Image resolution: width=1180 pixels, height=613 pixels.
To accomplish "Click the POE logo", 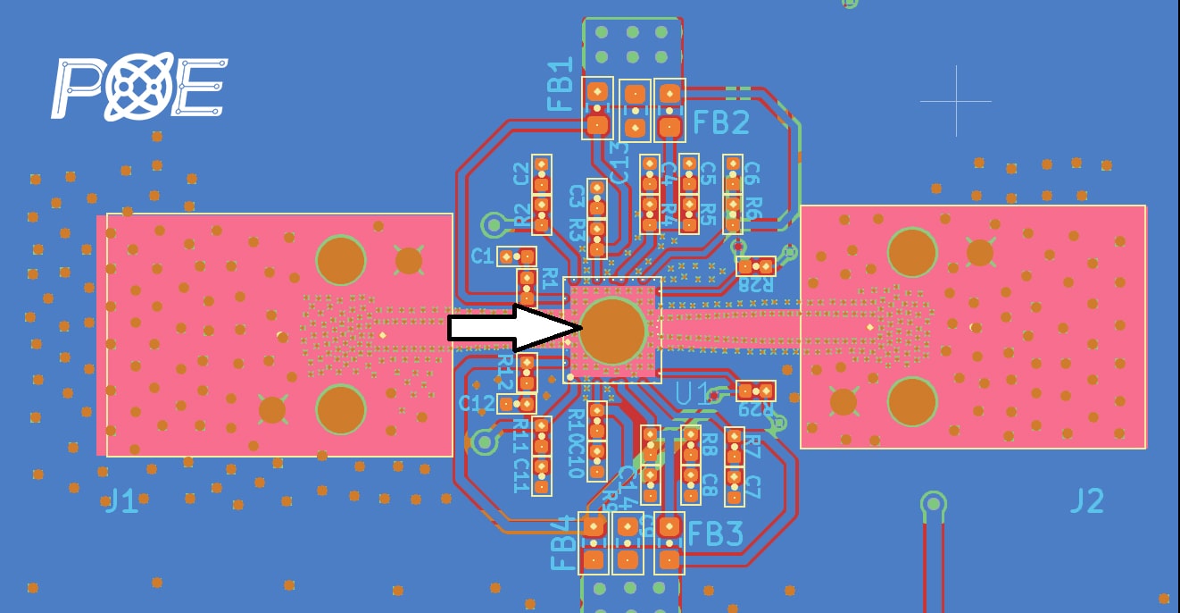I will [139, 87].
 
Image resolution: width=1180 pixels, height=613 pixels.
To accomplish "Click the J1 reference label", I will [121, 501].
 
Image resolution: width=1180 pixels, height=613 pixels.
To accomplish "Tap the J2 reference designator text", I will [1086, 500].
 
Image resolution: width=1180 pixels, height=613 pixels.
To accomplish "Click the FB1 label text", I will [560, 85].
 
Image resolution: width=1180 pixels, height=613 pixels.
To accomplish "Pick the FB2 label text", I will [721, 122].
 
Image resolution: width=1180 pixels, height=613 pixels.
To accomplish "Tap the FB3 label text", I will [715, 534].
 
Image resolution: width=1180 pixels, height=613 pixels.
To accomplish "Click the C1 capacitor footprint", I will [516, 256].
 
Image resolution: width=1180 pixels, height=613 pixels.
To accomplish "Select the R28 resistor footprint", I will [756, 265].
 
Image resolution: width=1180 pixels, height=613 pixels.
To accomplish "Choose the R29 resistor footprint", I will [756, 390].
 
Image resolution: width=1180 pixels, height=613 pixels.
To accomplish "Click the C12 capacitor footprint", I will [516, 404].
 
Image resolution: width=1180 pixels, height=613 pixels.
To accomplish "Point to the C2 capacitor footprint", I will [541, 174].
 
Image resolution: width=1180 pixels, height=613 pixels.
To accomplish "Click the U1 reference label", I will [693, 393].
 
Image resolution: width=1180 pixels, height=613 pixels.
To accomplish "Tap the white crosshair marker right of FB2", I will [956, 101].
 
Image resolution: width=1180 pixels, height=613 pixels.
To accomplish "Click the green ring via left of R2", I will [493, 223].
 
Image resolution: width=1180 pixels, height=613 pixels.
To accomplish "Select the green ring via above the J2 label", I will [933, 503].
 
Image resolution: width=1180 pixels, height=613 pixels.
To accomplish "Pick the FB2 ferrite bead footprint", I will [669, 109].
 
